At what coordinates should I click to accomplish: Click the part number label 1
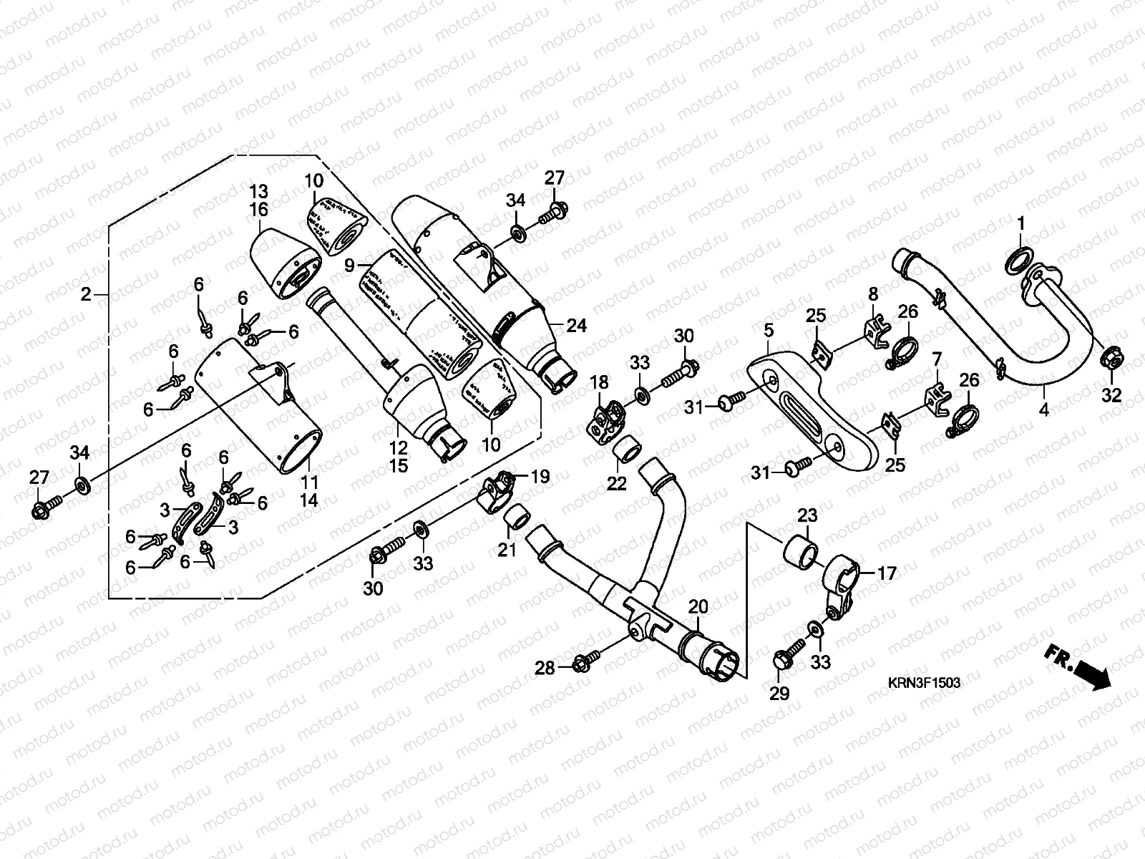[1022, 224]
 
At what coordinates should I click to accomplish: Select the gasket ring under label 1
[1018, 261]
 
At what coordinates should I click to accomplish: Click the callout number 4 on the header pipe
[1044, 410]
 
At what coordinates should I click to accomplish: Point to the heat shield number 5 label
[769, 331]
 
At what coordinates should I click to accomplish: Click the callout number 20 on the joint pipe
[698, 608]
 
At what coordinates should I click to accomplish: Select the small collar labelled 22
[624, 450]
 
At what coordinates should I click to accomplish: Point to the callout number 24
[576, 326]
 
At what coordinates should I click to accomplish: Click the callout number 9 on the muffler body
[349, 266]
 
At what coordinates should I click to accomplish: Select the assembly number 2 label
[86, 294]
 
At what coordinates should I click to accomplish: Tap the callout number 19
[540, 476]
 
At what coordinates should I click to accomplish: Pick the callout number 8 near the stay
[873, 294]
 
